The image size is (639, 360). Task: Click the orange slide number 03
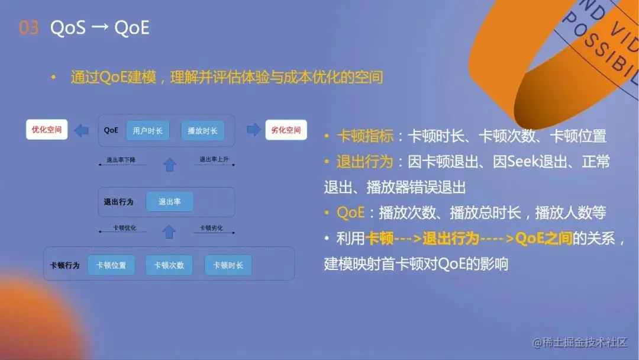pos(28,28)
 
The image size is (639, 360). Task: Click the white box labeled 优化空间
pos(47,130)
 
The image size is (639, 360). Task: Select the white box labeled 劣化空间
pos(286,130)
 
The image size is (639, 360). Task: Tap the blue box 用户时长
pos(147,130)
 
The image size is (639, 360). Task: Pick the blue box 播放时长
pos(202,130)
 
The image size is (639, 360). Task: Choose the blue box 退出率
pos(169,202)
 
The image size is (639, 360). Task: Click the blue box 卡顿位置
pos(111,265)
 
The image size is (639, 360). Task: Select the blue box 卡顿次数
pos(169,265)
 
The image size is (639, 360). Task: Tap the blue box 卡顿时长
pos(228,265)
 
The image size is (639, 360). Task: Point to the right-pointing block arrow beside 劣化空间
pos(254,130)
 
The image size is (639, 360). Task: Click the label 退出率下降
pos(121,160)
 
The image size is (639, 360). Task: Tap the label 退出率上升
pos(214,159)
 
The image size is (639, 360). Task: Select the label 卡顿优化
pos(125,228)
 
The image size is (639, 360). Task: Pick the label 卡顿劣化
pos(211,228)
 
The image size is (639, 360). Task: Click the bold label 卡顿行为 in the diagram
pos(65,265)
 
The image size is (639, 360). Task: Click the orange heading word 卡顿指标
pos(365,136)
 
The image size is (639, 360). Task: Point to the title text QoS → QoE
pos(99,28)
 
